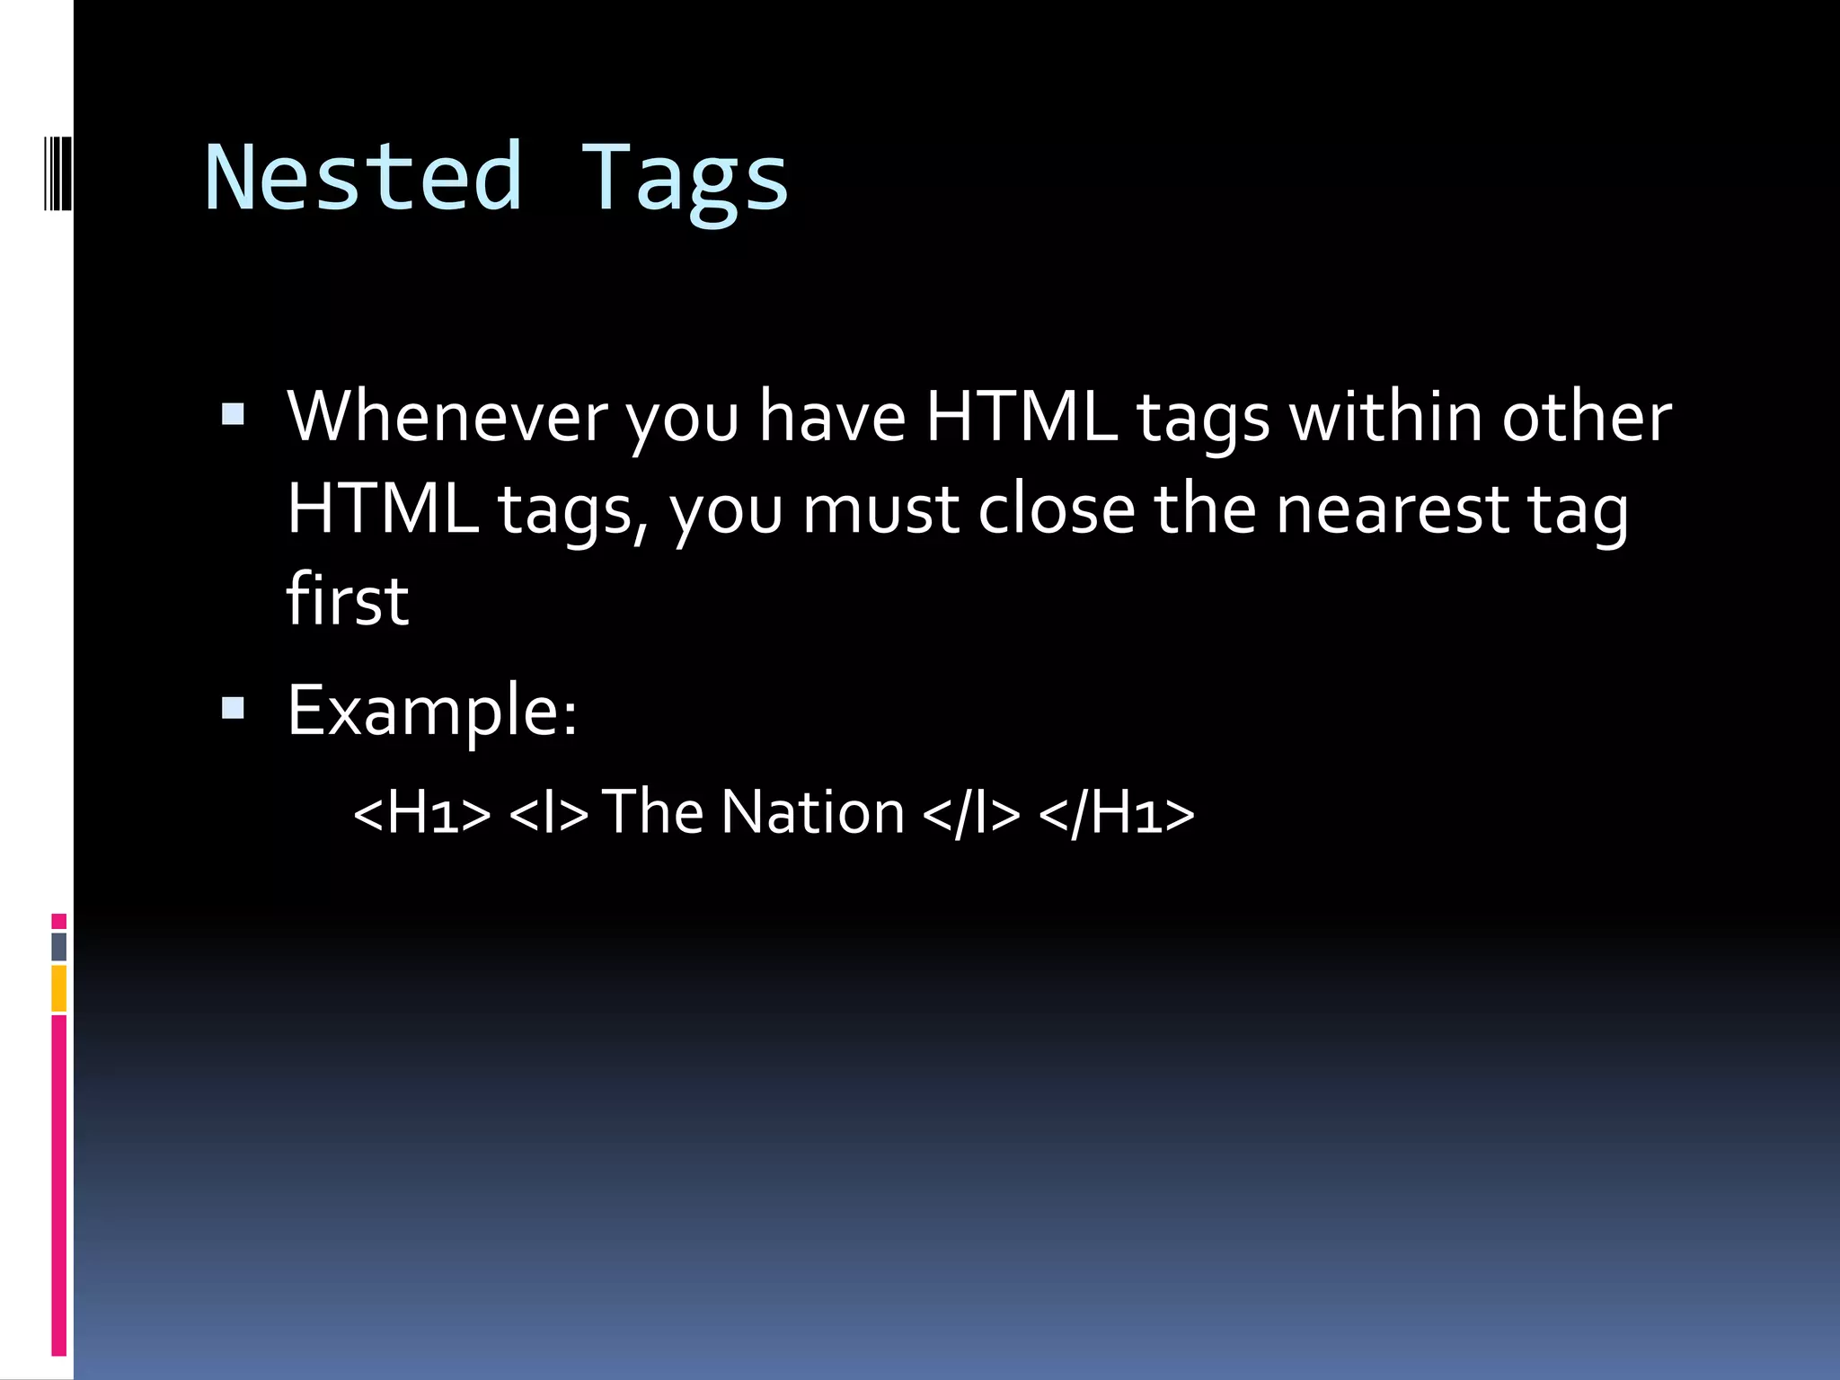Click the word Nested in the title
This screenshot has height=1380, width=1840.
click(x=363, y=177)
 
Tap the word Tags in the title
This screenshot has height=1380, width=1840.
click(x=685, y=180)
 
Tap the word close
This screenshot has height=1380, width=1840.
click(x=1057, y=509)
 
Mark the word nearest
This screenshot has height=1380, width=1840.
click(x=1393, y=509)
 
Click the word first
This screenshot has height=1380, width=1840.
click(x=348, y=599)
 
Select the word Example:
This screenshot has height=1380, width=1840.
click(x=432, y=710)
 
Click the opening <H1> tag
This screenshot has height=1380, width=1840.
click(x=422, y=812)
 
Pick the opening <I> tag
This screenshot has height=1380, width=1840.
click(x=549, y=812)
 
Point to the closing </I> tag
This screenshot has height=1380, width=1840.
click(x=971, y=812)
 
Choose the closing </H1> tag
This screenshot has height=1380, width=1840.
click(x=1117, y=812)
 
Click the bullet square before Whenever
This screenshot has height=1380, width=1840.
click(x=233, y=414)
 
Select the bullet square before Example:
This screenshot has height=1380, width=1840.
click(x=233, y=709)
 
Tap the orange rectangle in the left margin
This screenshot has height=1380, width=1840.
click(x=58, y=988)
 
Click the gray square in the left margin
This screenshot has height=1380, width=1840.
click(x=58, y=946)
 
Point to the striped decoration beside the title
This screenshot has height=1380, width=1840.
click(x=57, y=171)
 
